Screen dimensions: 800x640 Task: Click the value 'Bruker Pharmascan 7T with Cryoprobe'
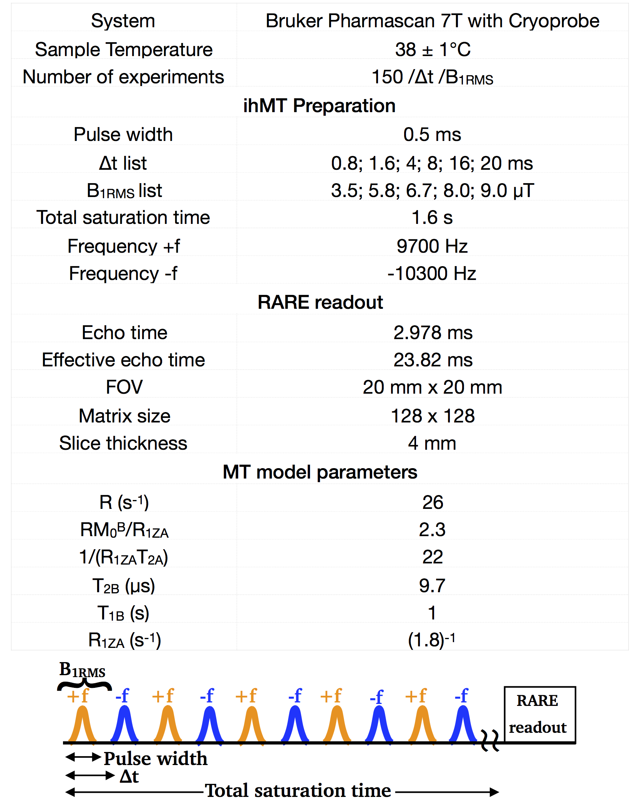[x=432, y=21]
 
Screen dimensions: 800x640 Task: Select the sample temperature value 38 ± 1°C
[x=433, y=50]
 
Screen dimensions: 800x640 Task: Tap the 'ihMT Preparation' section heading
[x=319, y=106]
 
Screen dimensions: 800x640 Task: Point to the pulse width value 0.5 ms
[x=432, y=134]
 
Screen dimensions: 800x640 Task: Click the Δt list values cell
[x=432, y=163]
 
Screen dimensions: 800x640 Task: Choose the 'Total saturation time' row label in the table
[x=123, y=217]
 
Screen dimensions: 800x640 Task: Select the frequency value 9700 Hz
[x=432, y=246]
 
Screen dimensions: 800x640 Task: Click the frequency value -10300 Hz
[x=432, y=273]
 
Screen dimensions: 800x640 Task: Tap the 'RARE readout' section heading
[x=320, y=302]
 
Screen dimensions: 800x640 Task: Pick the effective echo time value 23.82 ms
[x=433, y=360]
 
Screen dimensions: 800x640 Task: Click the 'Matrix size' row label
[x=124, y=416]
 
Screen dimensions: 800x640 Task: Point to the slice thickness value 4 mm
[x=432, y=443]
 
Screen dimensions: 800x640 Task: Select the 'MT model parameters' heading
[x=320, y=472]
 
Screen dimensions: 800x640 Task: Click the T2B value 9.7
[x=432, y=586]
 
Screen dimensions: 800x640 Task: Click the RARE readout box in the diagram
[x=539, y=714]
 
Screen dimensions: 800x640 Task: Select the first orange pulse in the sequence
[x=82, y=724]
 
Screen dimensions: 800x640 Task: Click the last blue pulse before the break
[x=463, y=724]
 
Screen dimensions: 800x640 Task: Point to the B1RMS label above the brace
[x=82, y=670]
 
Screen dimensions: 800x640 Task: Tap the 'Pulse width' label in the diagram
[x=156, y=759]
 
